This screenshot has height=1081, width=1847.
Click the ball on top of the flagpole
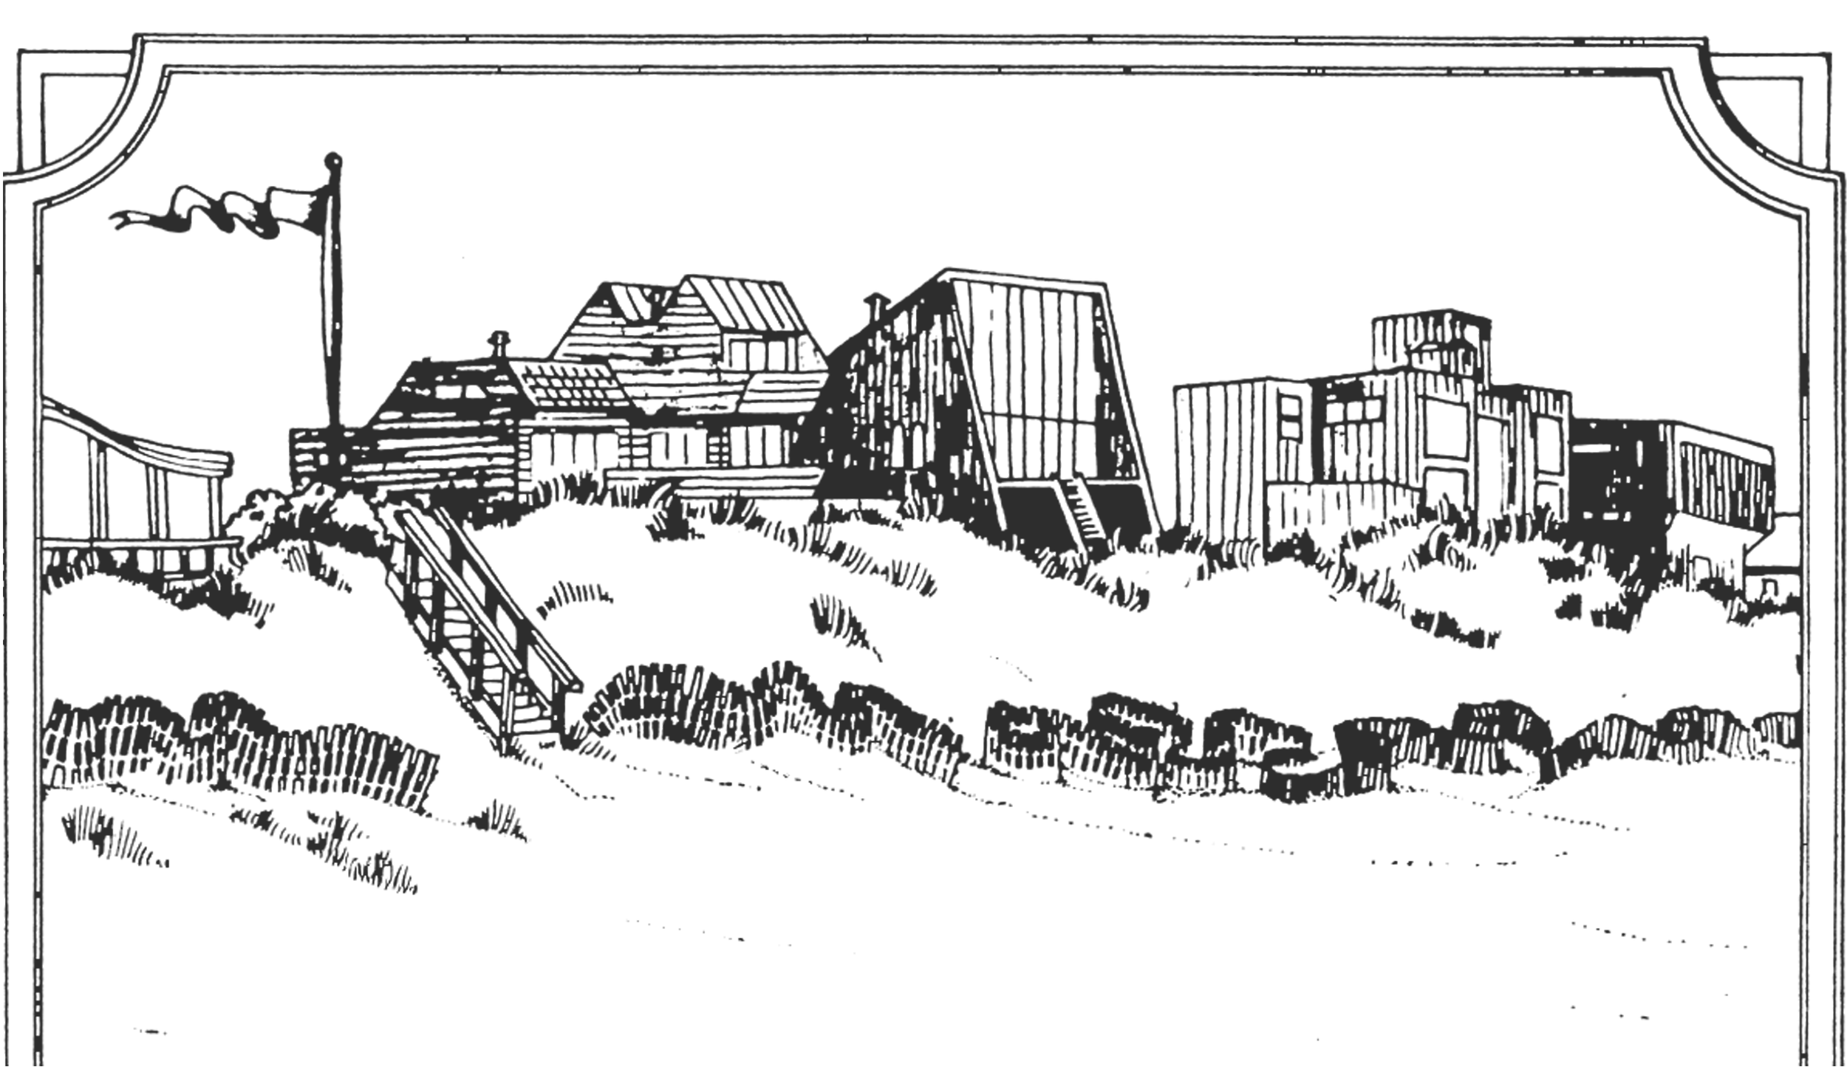pyautogui.click(x=334, y=157)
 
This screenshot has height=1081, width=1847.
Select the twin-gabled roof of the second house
pyautogui.click(x=665, y=303)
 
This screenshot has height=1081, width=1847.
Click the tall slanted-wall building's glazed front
pyautogui.click(x=1049, y=384)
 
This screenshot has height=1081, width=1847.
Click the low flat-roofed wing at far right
pyautogui.click(x=1721, y=473)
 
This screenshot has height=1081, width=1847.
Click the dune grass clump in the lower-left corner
pyautogui.click(x=111, y=834)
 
